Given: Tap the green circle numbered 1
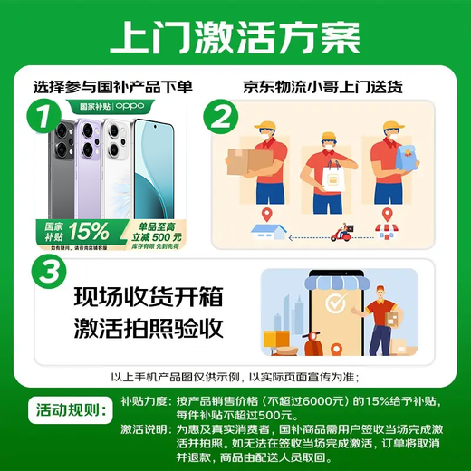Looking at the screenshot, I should click(x=38, y=116).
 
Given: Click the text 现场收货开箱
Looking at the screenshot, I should click(x=149, y=297).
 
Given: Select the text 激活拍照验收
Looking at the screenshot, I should click(x=149, y=328).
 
